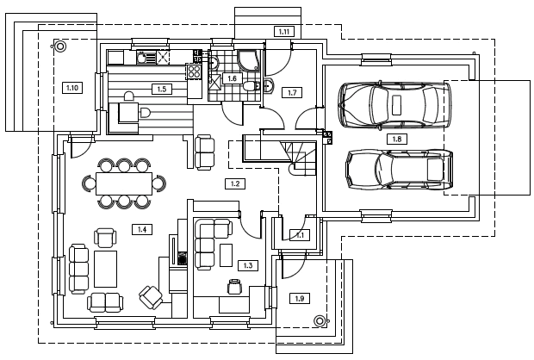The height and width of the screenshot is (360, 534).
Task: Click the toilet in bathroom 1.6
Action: pos(250,86)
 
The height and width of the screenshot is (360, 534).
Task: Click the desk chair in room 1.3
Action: pos(234,286)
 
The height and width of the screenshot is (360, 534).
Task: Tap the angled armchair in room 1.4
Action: pos(152,297)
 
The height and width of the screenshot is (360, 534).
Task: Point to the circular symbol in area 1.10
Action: pos(61,47)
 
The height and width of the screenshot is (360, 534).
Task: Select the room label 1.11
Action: pos(284,32)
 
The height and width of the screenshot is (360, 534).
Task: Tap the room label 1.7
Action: pos(293,92)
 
